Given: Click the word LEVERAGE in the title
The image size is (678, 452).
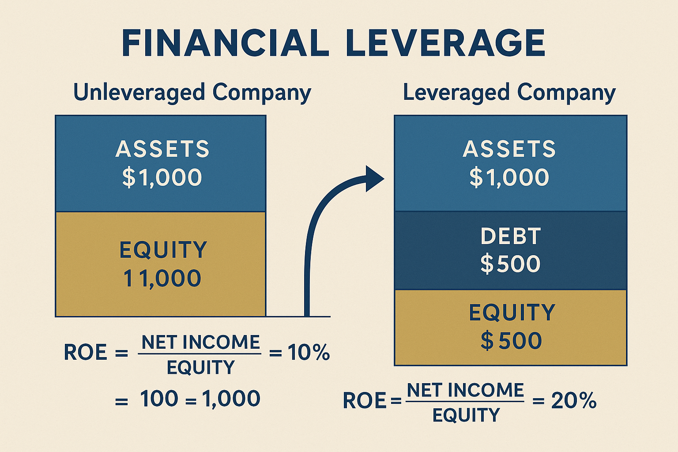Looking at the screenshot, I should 446,43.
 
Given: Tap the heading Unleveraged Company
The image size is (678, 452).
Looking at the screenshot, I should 192,93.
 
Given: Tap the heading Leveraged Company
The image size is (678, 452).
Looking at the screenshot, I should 509,93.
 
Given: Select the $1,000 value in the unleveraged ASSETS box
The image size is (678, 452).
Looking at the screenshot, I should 162,177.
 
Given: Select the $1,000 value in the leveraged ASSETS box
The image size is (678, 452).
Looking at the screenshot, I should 509,177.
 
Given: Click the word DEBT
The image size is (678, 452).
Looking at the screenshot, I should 511,237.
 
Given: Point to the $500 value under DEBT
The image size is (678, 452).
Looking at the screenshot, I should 511,264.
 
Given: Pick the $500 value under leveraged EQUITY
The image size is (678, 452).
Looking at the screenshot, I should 511,341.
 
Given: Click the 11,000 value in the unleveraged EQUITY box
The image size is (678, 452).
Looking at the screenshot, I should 162,279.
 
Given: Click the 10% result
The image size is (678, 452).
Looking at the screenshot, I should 309,352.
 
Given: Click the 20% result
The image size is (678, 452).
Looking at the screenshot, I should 574,401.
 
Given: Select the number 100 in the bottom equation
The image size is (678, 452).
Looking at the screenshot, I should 159,399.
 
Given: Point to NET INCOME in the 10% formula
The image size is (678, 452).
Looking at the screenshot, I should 201,343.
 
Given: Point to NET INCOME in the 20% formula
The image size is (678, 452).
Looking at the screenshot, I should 465,390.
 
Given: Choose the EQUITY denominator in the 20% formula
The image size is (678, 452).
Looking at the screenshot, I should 466,415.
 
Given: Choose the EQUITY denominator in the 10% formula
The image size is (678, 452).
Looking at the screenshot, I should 201,367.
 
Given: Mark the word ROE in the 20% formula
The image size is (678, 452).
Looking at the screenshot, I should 364,401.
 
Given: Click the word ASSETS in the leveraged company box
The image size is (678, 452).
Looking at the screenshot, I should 509,149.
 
